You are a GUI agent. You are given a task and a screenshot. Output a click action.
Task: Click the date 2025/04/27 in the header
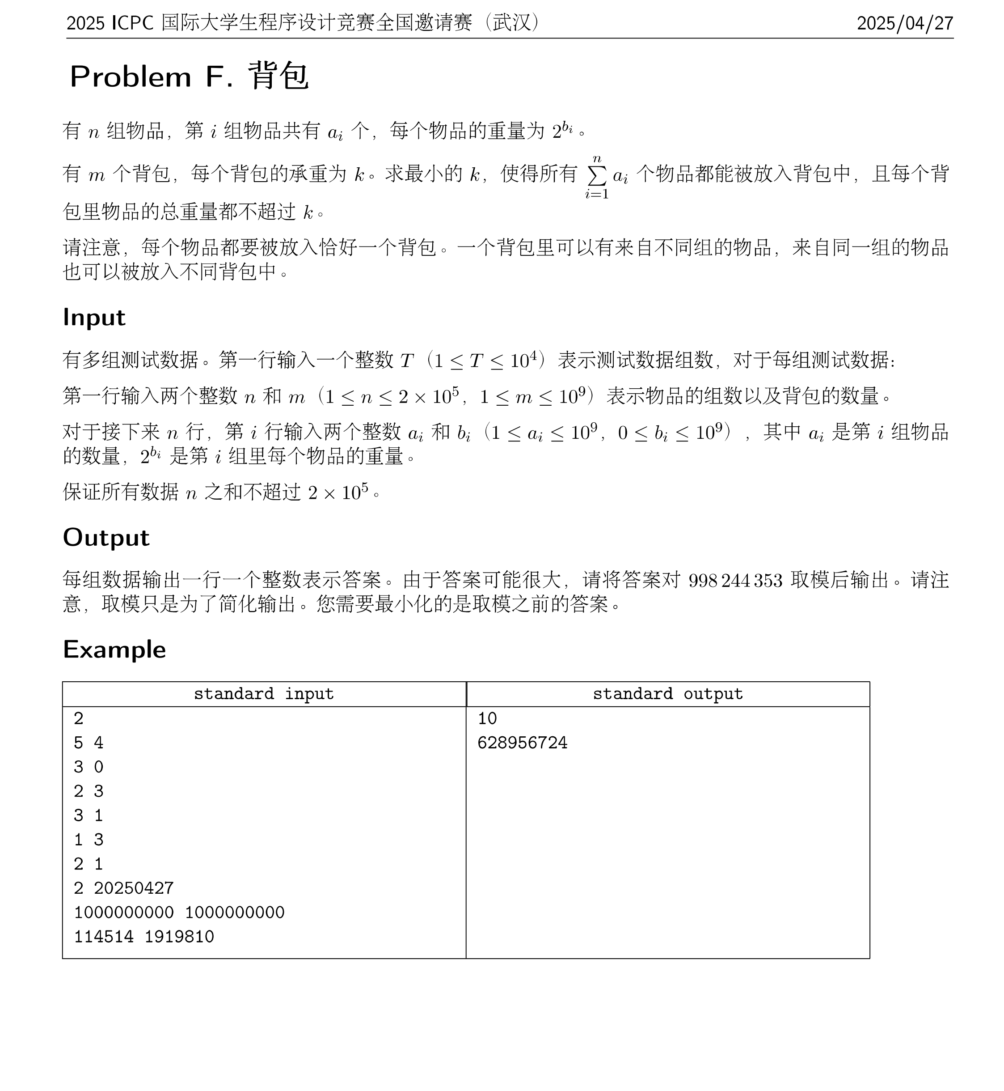tap(905, 23)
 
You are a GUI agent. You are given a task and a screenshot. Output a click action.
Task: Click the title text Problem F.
tap(152, 76)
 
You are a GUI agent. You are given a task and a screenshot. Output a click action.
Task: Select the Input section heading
tap(94, 318)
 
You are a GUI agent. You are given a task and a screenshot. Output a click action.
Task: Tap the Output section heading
tap(106, 538)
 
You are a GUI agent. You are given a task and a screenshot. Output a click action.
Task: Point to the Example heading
tap(114, 650)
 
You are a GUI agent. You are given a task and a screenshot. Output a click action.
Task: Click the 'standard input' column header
tap(263, 694)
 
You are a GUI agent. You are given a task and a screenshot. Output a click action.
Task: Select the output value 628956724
tap(522, 743)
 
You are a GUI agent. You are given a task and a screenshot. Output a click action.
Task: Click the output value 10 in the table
tap(487, 719)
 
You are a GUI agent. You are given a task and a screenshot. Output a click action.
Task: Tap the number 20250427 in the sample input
tap(134, 888)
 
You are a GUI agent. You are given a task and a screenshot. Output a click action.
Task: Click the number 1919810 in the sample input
tap(179, 937)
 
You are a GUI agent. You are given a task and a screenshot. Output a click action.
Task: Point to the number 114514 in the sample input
tap(104, 937)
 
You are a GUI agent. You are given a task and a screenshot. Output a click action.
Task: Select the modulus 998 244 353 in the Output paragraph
tap(735, 581)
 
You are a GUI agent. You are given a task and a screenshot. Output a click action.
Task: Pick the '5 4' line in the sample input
tap(89, 743)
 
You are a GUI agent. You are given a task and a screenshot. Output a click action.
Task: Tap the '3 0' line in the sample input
tap(89, 767)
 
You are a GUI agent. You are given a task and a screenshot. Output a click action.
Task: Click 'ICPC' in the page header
tap(132, 23)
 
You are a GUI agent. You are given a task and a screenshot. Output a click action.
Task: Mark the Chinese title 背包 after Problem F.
tap(278, 76)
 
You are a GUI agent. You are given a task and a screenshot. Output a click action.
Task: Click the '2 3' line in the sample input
tap(89, 791)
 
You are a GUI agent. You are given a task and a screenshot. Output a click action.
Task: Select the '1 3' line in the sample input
tap(89, 840)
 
